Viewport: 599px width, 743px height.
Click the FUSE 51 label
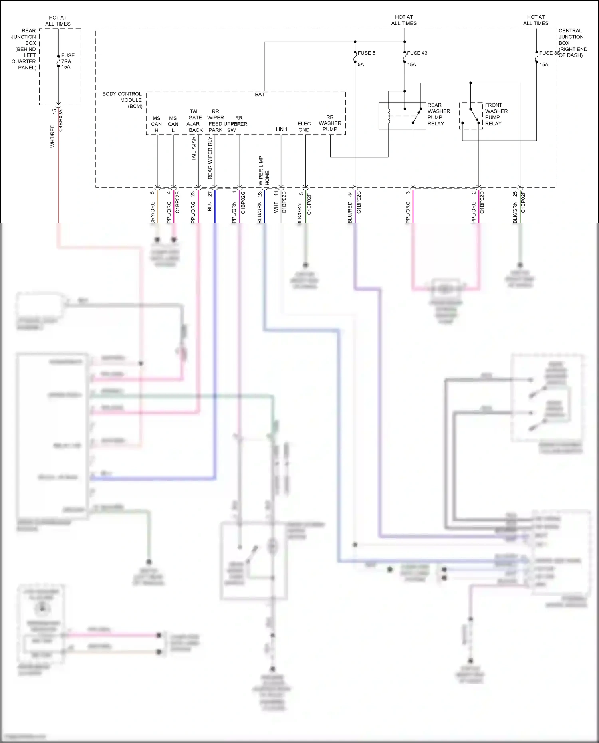click(x=367, y=53)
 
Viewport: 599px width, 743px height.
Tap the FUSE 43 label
click(x=417, y=53)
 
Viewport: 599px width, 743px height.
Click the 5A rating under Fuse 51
click(x=361, y=65)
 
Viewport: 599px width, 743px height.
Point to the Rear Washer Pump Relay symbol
click(x=402, y=116)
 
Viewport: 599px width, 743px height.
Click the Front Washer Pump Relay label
click(x=496, y=114)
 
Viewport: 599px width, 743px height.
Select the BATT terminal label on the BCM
click(x=261, y=95)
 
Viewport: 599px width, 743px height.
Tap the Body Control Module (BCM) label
click(x=122, y=100)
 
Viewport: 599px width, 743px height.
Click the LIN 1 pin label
click(x=282, y=129)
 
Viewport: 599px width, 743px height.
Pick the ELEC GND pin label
click(x=304, y=127)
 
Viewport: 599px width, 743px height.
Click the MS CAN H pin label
click(x=157, y=124)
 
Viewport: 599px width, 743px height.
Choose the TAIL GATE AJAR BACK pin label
click(x=195, y=121)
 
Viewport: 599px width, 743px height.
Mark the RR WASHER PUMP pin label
click(x=330, y=123)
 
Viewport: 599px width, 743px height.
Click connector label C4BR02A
click(x=61, y=120)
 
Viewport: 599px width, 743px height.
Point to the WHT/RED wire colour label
click(x=52, y=136)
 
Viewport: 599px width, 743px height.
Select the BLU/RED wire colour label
click(x=350, y=212)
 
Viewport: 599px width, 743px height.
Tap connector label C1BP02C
click(x=359, y=202)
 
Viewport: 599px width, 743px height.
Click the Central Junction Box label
click(x=572, y=43)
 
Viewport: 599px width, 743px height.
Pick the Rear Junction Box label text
click(x=24, y=49)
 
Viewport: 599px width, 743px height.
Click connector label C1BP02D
click(x=482, y=202)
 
